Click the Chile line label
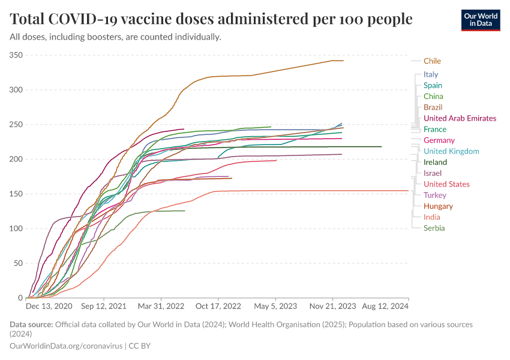pos(432,61)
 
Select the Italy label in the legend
pos(431,74)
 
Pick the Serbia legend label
pos(434,228)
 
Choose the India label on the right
pos(431,217)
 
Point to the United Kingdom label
pos(451,151)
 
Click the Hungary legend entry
pos(438,206)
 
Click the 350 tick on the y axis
pos(16,55)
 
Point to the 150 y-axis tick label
pos(16,194)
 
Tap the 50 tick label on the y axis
pos(18,263)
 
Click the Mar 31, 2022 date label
pos(160,306)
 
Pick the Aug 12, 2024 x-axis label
pos(385,306)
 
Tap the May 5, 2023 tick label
pos(275,306)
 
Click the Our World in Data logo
pos(480,20)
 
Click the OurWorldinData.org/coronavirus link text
pos(66,346)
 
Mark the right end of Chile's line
pos(343,61)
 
